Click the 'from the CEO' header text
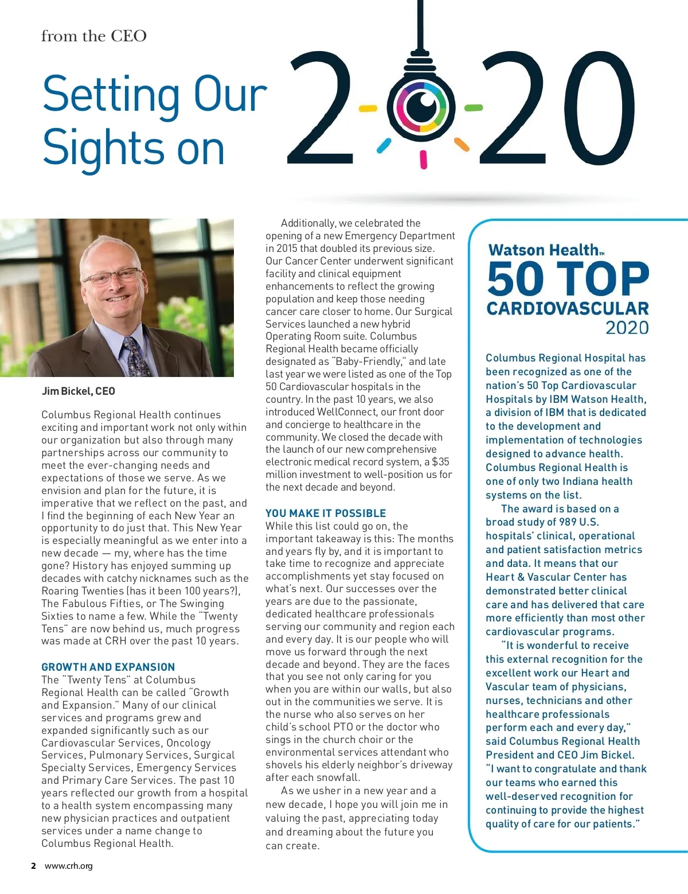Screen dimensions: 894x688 pos(93,36)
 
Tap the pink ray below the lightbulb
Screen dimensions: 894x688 pos(424,160)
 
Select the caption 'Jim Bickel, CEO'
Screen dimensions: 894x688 pos(79,391)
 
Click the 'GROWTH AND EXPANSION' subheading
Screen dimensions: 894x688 pos(108,667)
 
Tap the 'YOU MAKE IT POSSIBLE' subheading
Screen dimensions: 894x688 pos(326,513)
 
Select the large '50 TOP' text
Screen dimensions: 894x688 pos(568,279)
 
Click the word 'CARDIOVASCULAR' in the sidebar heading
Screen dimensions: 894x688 pos(568,309)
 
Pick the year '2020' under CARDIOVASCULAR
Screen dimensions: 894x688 pos(627,328)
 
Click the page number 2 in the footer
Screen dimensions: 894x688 pos(34,866)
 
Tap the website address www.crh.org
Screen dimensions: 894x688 pos(69,866)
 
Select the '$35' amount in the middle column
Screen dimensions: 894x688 pos(440,462)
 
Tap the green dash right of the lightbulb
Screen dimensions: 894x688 pos(474,107)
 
